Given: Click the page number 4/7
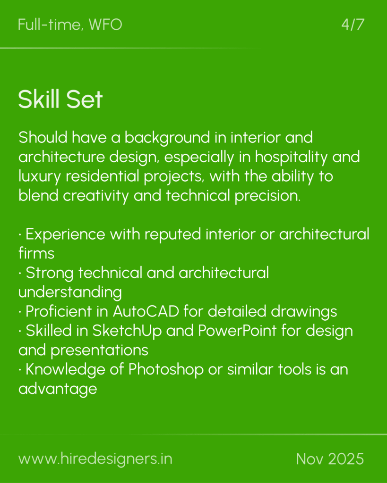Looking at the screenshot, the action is coord(353,25).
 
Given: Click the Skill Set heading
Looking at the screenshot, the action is coord(60,99).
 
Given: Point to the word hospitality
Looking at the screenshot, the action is coord(291,157).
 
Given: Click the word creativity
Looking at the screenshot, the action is coord(95,196).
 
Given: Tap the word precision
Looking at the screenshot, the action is coord(267,196).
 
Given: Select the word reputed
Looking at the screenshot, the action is coord(173,234).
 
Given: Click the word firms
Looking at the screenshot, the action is coord(36,253).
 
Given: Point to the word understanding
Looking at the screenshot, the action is coord(70,292).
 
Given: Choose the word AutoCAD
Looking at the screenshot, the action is coord(146,311).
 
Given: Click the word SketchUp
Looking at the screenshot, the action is coord(127,331).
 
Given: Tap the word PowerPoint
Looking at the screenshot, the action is coord(237,331).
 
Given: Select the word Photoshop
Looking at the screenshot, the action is coord(166,369).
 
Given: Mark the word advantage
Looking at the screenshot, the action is coord(58,389).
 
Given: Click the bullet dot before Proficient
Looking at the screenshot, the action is coord(20,312).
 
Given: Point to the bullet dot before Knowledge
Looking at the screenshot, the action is coord(20,370).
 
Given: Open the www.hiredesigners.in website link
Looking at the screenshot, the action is coord(95,459).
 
